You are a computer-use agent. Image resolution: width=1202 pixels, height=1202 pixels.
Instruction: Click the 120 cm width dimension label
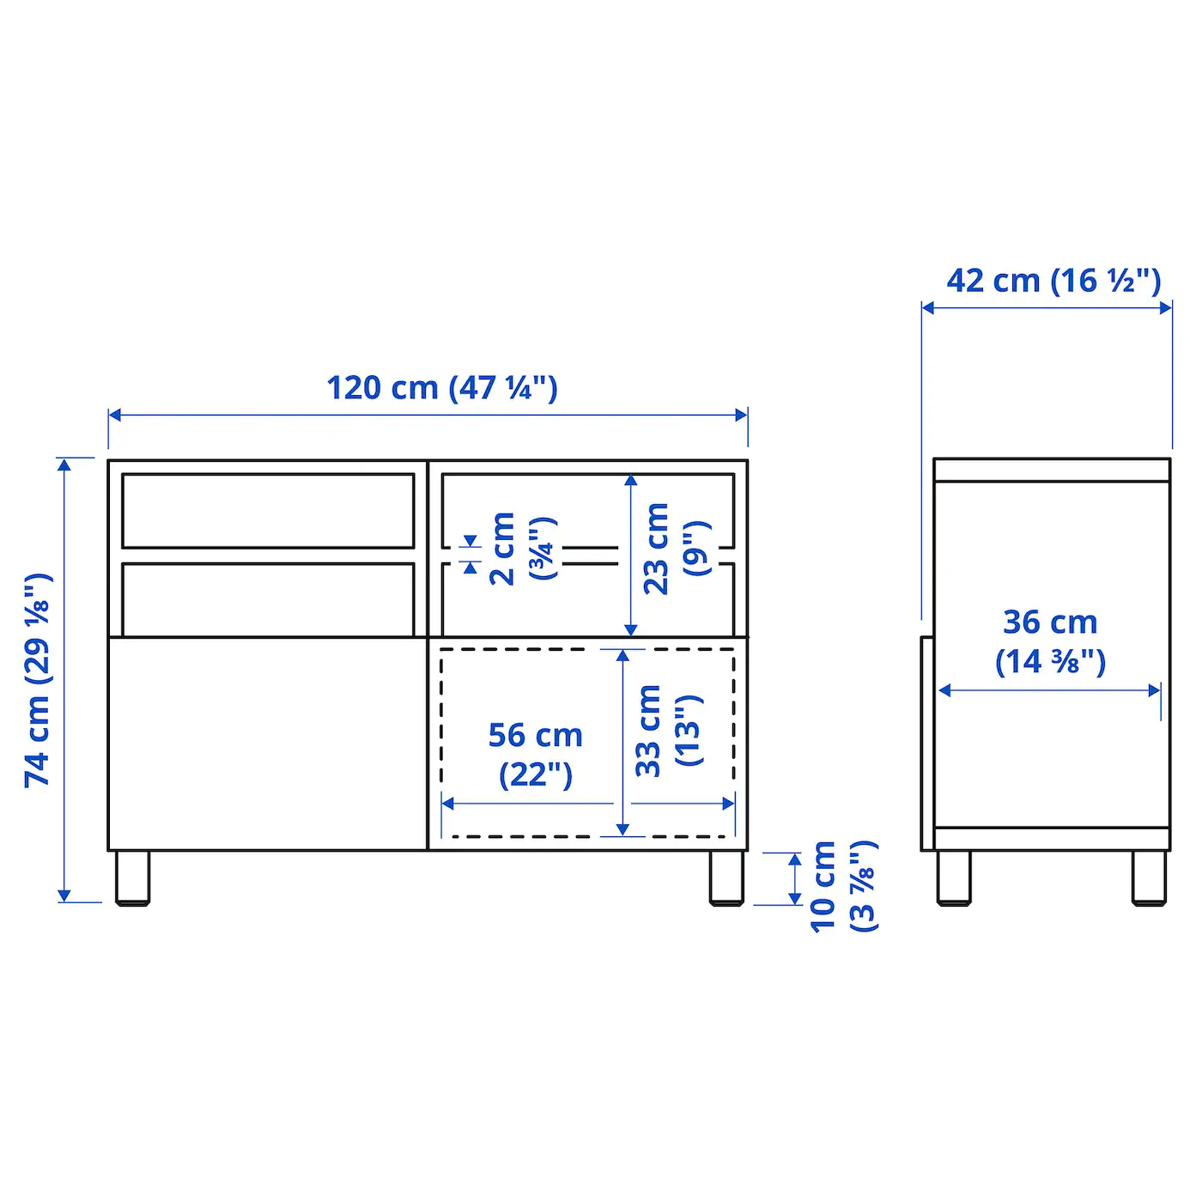(441, 388)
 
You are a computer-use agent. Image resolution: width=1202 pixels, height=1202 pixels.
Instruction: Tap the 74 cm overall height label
(39, 680)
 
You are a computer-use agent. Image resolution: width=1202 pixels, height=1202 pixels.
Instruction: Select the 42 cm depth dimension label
(1053, 281)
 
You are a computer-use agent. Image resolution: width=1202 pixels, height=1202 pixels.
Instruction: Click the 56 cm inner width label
(535, 754)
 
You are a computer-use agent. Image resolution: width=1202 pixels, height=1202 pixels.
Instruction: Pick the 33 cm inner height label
(667, 731)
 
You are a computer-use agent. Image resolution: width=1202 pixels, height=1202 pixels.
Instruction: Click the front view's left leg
(132, 877)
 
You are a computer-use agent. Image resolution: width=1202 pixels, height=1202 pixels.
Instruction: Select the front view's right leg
(726, 877)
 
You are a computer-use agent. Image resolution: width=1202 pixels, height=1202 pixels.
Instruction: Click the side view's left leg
(953, 877)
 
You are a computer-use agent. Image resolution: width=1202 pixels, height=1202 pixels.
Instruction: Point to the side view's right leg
(1149, 877)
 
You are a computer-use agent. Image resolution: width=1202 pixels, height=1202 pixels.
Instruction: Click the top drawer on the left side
(268, 510)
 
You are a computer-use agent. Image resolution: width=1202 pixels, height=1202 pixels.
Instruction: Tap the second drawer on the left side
(268, 599)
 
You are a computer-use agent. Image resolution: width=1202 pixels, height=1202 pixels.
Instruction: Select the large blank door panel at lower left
(267, 744)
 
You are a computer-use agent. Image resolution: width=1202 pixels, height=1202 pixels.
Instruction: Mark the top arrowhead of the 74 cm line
(64, 464)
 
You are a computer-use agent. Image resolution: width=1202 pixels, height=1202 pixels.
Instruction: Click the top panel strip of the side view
(1052, 470)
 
